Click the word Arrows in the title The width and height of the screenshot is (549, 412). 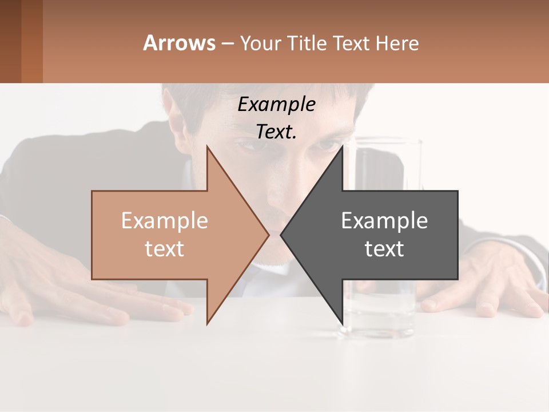click(180, 43)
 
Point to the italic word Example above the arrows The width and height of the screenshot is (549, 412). click(277, 105)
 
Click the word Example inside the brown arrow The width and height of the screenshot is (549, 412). click(165, 221)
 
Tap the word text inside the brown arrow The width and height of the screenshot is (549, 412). click(165, 249)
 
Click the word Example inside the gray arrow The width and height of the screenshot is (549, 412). click(384, 221)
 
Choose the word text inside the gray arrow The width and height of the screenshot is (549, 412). click(384, 249)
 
